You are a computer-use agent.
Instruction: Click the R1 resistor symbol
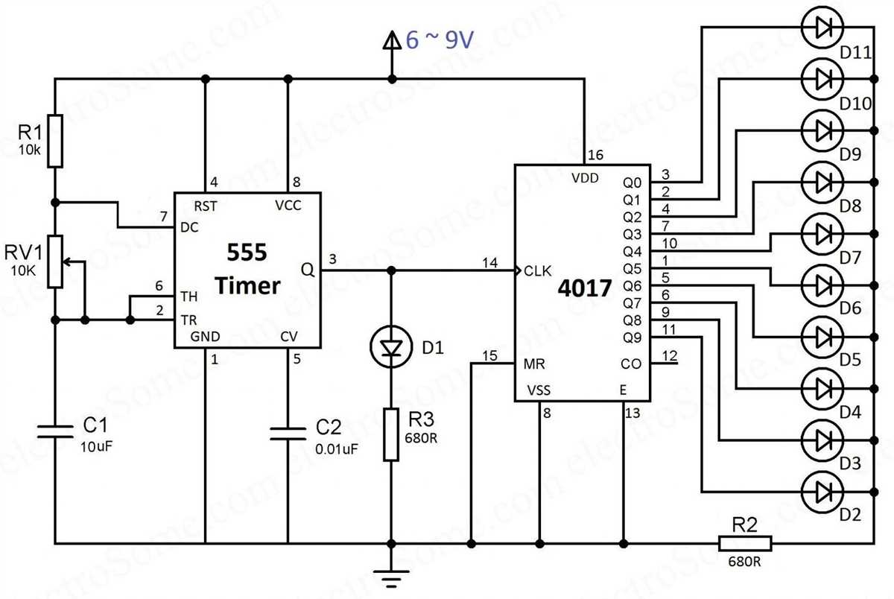[x=55, y=141]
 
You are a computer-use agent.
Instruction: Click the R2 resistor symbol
[x=745, y=542]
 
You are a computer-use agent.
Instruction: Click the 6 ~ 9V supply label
[x=440, y=41]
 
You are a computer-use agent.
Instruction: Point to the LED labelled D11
[x=822, y=28]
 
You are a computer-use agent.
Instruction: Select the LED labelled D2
[x=822, y=492]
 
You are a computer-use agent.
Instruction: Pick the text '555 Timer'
[x=248, y=270]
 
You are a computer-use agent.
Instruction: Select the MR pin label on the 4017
[x=533, y=364]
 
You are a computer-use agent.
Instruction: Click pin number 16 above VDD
[x=594, y=155]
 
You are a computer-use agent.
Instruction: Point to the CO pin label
[x=630, y=364]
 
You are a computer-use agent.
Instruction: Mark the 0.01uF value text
[x=337, y=449]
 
